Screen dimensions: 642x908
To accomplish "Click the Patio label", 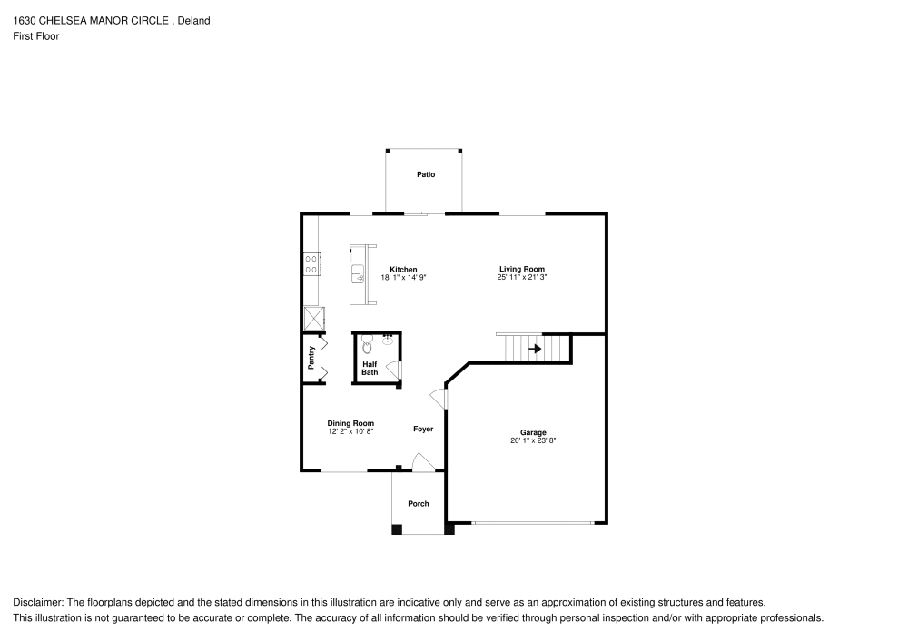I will [x=426, y=174].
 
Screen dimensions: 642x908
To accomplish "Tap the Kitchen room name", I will [x=403, y=270].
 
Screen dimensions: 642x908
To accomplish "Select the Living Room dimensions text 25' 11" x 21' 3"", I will [x=522, y=277].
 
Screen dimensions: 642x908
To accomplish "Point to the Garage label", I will [x=533, y=432].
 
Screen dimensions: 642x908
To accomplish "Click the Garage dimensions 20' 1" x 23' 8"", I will [x=533, y=440].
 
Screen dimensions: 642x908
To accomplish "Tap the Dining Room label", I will [x=350, y=423].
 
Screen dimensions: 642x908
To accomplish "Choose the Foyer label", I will [x=423, y=429].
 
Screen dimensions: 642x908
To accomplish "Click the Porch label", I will [x=419, y=504].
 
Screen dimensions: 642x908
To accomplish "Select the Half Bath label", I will [x=370, y=368].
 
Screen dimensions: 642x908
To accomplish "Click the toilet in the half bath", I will [x=367, y=344].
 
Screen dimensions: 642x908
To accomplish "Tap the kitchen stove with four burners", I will [x=311, y=263].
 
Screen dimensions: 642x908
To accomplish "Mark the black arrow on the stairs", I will [x=536, y=348].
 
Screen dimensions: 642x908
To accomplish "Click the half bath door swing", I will [x=393, y=369].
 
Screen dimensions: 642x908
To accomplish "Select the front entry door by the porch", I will [x=422, y=463].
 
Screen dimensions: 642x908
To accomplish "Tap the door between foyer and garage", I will [x=439, y=398].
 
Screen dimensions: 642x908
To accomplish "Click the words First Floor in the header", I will [x=36, y=36].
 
